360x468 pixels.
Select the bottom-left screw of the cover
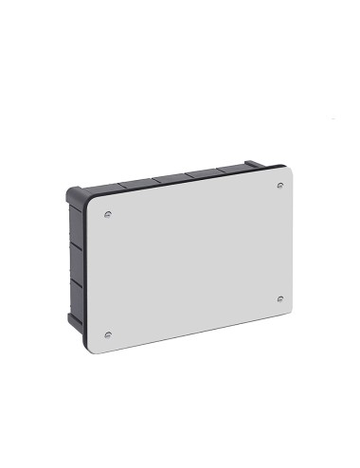(110, 333)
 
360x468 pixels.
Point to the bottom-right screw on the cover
(279, 298)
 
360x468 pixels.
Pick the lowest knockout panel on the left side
(76, 305)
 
